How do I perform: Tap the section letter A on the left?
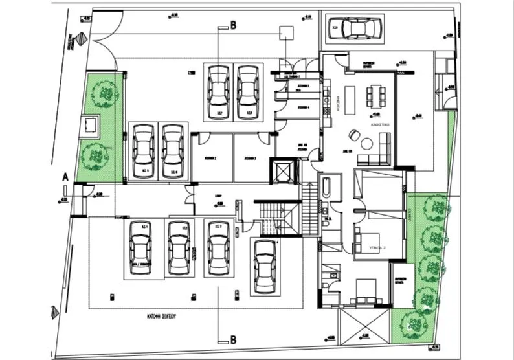pos(64,176)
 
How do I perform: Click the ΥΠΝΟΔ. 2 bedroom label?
pos(377,247)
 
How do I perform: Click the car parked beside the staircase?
pos(265,265)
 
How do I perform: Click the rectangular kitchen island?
pos(350,98)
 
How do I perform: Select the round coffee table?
pos(366,142)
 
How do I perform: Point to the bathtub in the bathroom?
pos(326,188)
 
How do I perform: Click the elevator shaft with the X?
pos(284,170)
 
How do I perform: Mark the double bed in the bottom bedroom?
pos(363,289)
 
